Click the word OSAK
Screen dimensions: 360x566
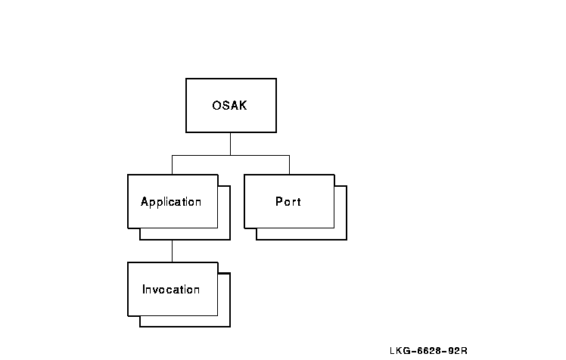coord(229,105)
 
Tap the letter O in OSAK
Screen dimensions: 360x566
coord(216,105)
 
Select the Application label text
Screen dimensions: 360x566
coord(171,202)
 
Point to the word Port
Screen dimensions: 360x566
coord(288,202)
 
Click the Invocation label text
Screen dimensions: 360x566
coord(171,290)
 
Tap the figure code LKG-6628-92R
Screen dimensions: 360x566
coord(428,350)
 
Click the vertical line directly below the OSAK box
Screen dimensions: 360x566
coord(230,144)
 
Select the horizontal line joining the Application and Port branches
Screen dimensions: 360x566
coord(230,156)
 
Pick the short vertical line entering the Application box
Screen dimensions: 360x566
coord(172,165)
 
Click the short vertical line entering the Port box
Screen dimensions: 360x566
coord(289,165)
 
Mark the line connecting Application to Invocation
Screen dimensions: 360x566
coord(172,250)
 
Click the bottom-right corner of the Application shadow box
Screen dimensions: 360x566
coord(229,239)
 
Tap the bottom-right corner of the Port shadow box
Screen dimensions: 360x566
coord(346,239)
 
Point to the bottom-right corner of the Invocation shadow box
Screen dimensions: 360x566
coord(229,326)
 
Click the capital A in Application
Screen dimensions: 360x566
coord(145,202)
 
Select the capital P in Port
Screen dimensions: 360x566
coord(278,202)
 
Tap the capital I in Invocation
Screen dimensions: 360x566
coord(144,290)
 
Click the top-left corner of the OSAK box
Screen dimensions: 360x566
coord(186,79)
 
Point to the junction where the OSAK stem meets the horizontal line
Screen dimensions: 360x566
coord(230,156)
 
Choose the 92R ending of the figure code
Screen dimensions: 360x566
coord(457,350)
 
